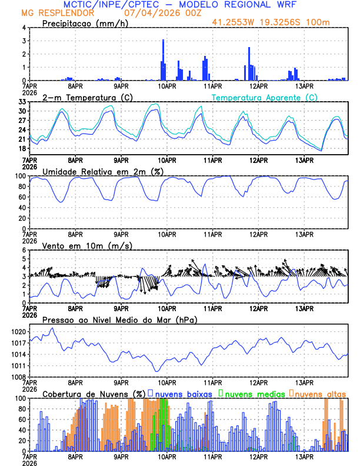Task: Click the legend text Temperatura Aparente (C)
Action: point(265,97)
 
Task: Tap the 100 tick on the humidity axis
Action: point(21,176)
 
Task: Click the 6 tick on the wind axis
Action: point(25,250)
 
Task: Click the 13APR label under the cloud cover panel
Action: point(304,456)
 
